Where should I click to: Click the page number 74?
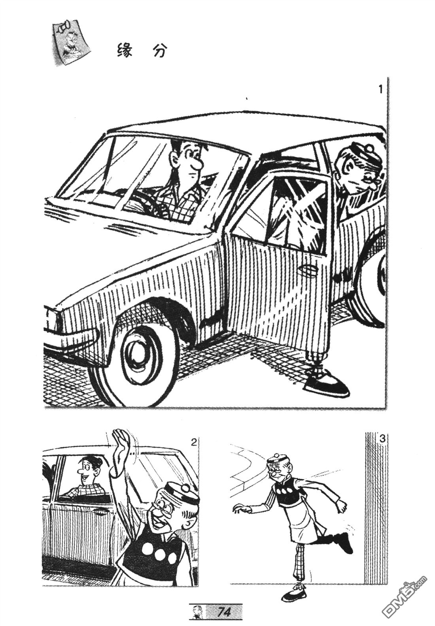click(x=224, y=612)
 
